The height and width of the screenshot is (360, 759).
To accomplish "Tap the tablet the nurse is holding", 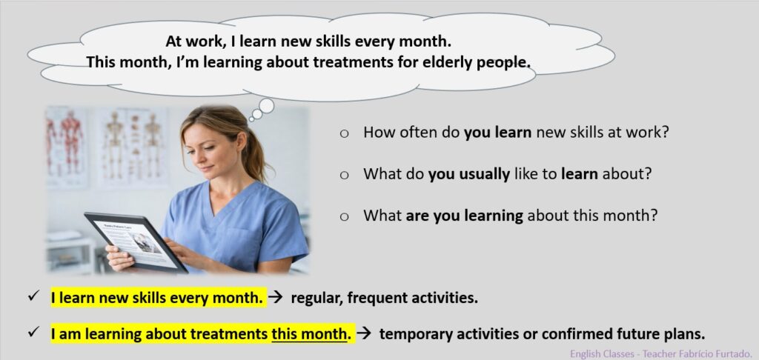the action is (136, 242).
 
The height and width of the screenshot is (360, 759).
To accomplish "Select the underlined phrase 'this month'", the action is (309, 334).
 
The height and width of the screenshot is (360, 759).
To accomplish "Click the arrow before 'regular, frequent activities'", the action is (275, 298).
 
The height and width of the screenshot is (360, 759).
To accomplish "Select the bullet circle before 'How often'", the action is (344, 134).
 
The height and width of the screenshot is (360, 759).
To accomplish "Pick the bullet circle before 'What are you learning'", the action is (344, 217).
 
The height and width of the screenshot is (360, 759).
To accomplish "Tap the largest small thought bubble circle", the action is (266, 105).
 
